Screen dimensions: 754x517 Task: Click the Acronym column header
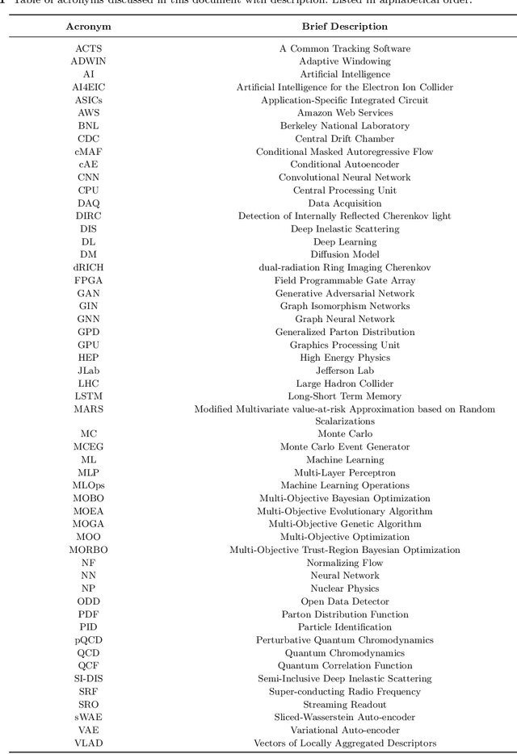(x=88, y=26)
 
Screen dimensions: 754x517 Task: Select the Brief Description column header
(x=345, y=26)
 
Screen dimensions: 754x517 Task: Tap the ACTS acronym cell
(x=88, y=48)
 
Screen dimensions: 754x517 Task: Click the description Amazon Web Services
(x=345, y=113)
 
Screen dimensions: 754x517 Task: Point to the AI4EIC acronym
(x=88, y=87)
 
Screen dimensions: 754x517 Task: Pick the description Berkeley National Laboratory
(x=345, y=126)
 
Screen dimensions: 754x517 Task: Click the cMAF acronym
(x=88, y=152)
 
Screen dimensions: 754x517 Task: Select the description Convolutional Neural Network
(x=345, y=178)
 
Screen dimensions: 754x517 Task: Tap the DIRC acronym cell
(x=88, y=216)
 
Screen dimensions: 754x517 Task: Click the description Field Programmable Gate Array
(x=345, y=281)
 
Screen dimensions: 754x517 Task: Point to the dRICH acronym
(x=88, y=268)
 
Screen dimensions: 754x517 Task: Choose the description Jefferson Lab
(x=345, y=371)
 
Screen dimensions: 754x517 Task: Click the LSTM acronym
(x=88, y=396)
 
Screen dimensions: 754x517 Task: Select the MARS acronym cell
(x=88, y=409)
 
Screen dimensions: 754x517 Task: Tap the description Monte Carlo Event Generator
(x=345, y=446)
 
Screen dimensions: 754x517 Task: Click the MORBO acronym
(x=88, y=550)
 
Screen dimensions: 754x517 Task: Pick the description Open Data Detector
(x=345, y=601)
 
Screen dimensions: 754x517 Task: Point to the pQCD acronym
(x=88, y=640)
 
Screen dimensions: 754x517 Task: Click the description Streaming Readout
(x=345, y=705)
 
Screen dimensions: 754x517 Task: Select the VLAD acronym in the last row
(x=88, y=744)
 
